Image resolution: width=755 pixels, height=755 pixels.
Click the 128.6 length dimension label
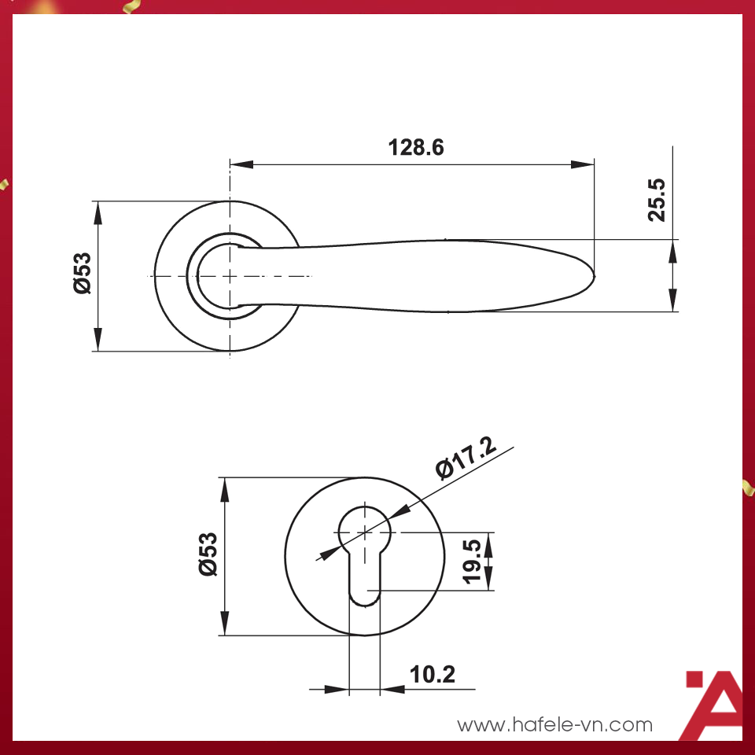416,147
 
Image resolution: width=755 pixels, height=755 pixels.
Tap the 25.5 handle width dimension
657,200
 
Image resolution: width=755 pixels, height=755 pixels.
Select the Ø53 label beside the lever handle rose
83,274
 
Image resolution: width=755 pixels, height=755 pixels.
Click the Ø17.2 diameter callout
467,458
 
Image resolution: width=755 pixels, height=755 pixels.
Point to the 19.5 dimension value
472,562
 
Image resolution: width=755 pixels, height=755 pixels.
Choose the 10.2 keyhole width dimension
432,674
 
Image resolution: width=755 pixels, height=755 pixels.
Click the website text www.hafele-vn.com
554,724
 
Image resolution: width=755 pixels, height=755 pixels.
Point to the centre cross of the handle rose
230,276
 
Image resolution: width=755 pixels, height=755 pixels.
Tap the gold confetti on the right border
748,487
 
